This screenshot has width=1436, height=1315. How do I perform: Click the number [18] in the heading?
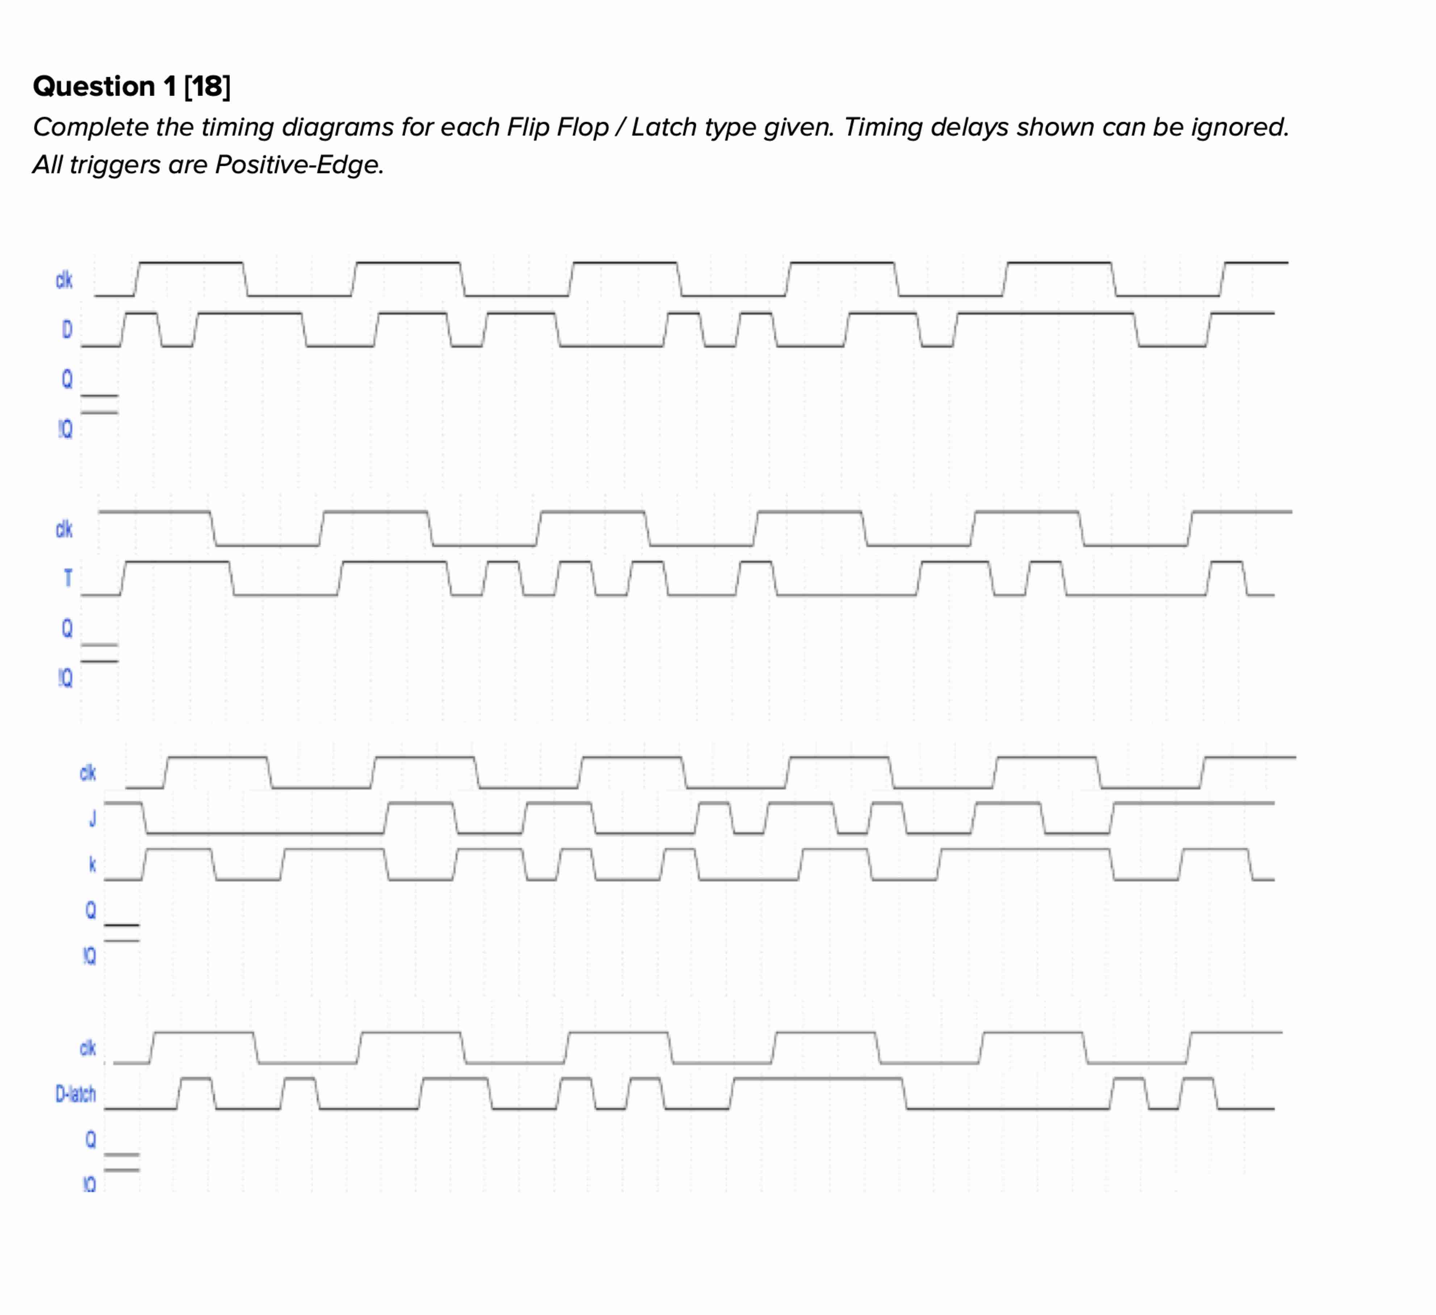click(x=207, y=86)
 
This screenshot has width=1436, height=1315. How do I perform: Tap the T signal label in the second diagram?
click(x=68, y=578)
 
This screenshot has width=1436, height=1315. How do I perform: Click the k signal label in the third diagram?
click(x=92, y=864)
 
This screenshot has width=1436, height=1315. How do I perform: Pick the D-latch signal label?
click(x=76, y=1093)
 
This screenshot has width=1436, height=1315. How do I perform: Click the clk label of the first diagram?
click(x=64, y=280)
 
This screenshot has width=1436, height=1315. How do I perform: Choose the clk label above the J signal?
click(x=88, y=773)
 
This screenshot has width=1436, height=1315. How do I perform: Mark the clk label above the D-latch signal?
click(x=88, y=1048)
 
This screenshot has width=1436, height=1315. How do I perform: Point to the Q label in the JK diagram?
click(x=91, y=909)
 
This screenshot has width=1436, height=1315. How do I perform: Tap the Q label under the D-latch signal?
click(x=91, y=1140)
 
